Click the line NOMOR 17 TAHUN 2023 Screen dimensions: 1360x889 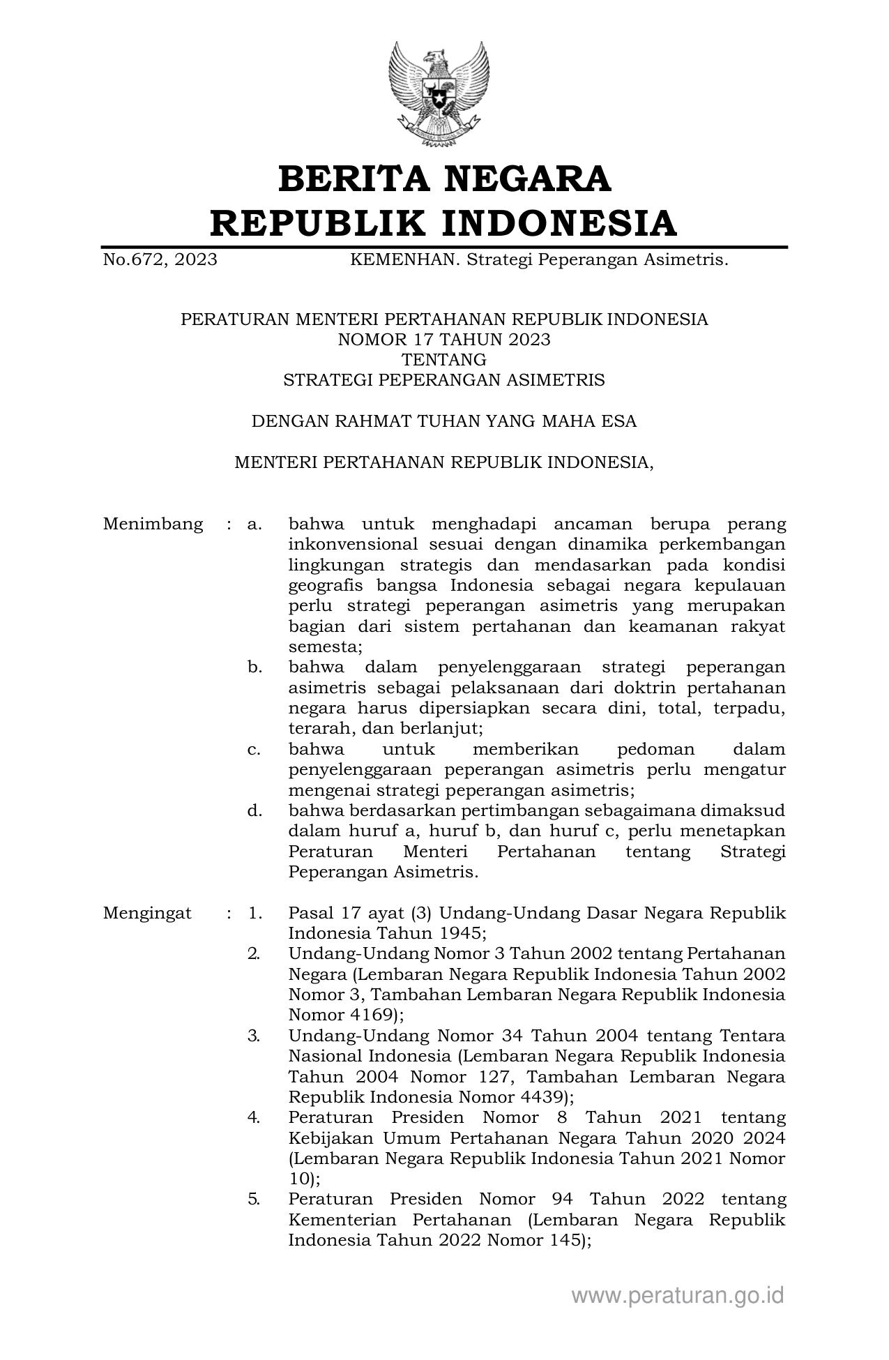[444, 340]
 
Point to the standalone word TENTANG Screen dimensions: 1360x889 [444, 360]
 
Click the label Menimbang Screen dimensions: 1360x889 [153, 524]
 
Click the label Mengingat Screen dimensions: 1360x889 [147, 914]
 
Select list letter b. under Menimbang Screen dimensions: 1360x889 [254, 667]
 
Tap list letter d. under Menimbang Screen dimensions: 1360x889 [254, 811]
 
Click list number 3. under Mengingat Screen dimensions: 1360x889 [254, 1036]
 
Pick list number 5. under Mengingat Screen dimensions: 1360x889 [254, 1200]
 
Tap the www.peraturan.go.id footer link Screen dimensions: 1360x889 [678, 1296]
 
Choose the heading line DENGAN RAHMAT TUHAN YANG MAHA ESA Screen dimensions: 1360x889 [444, 421]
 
